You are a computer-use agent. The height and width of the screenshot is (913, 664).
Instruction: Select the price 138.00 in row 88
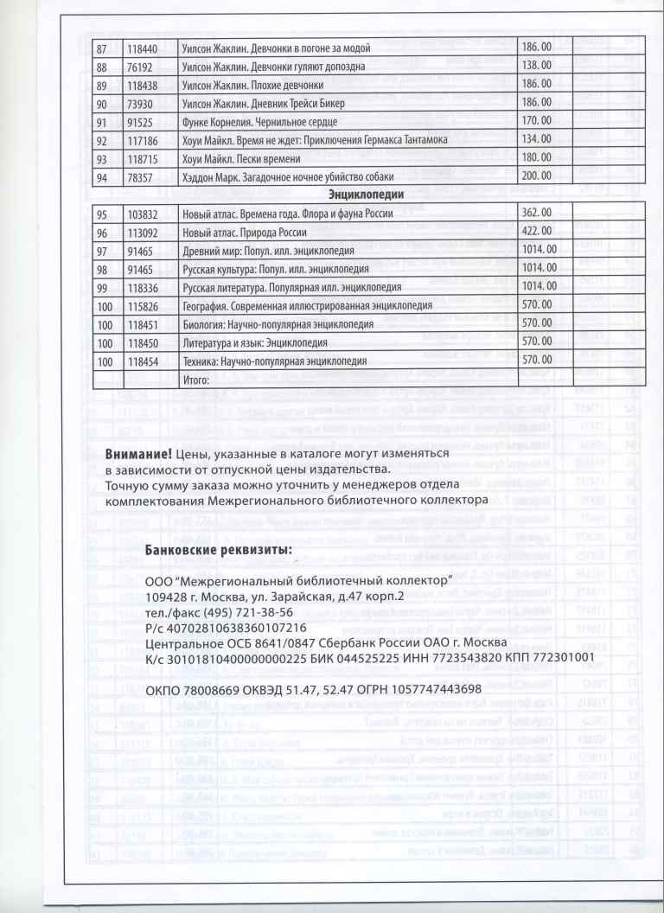[x=538, y=65]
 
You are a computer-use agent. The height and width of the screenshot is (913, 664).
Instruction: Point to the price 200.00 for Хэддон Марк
[x=539, y=175]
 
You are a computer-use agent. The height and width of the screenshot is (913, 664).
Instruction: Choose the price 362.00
[x=538, y=213]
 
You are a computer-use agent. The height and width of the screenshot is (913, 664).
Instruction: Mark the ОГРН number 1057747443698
[x=429, y=689]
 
